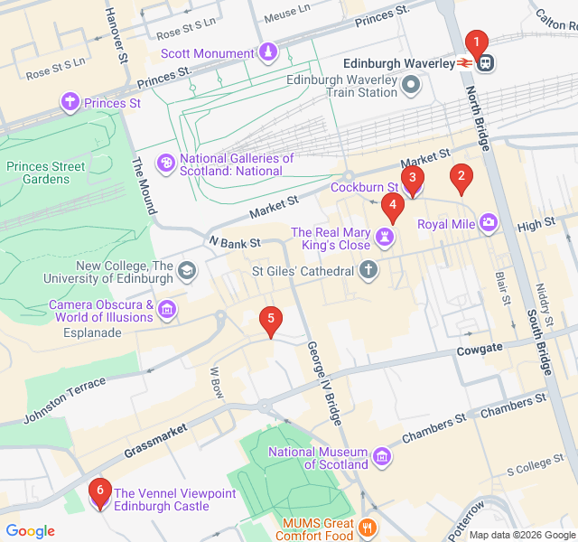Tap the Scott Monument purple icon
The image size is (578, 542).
(268, 52)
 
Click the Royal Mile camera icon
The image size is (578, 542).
(489, 222)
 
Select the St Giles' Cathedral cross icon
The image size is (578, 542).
(368, 269)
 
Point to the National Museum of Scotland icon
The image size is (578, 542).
(382, 458)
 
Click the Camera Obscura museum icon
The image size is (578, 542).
(167, 311)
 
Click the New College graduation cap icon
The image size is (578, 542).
(187, 270)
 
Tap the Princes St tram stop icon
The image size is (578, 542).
(70, 103)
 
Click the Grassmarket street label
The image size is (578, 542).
(156, 439)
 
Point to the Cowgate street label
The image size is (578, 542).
(479, 350)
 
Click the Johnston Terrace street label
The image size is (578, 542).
(64, 399)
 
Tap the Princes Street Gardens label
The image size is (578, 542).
(46, 173)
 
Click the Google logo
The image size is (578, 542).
(30, 531)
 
